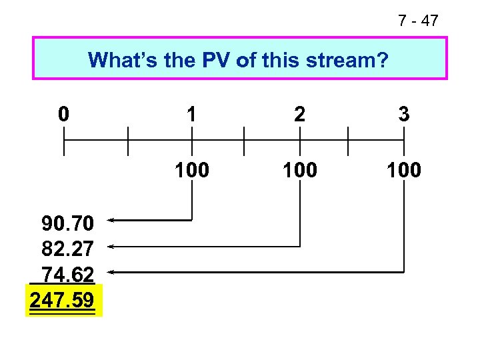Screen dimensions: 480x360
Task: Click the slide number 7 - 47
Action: (x=418, y=21)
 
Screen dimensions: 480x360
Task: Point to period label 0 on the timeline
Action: (x=63, y=114)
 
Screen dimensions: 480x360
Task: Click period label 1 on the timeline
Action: (x=192, y=114)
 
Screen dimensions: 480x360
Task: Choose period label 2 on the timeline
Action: (x=300, y=114)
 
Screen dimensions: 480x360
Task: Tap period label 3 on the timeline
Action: (x=403, y=114)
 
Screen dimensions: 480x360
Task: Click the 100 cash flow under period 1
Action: (x=192, y=171)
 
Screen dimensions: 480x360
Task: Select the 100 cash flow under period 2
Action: (x=300, y=171)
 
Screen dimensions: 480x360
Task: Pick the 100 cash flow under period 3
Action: (x=403, y=171)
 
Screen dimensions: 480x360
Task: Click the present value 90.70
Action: (x=67, y=222)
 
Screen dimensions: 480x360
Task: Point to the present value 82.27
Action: (x=67, y=248)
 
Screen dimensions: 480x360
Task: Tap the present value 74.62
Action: (x=67, y=275)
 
